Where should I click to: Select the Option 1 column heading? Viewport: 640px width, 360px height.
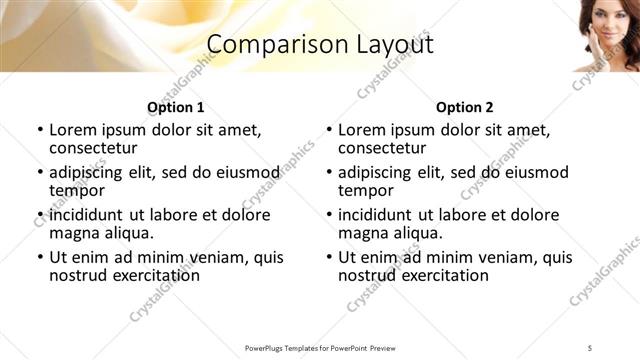tap(176, 107)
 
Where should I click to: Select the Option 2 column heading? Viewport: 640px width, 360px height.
tap(465, 107)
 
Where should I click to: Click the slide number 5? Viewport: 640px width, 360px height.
tap(590, 347)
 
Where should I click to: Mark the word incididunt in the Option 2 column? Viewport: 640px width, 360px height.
tap(382, 215)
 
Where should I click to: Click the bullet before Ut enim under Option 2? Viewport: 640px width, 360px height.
tap(329, 257)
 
